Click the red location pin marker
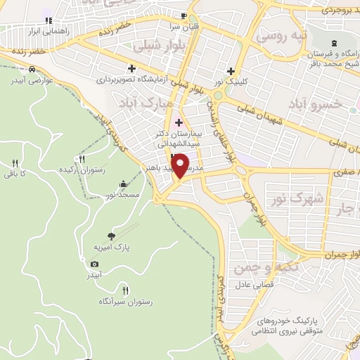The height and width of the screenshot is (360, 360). click(x=180, y=165)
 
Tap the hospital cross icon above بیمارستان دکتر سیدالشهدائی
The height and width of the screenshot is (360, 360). click(x=179, y=122)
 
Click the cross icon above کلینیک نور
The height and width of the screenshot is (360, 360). click(x=231, y=71)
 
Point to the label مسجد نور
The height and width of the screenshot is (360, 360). click(x=124, y=193)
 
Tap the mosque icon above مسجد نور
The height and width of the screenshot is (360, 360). click(x=124, y=184)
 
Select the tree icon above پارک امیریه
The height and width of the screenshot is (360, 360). click(x=110, y=236)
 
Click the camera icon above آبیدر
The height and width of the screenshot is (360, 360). click(x=95, y=264)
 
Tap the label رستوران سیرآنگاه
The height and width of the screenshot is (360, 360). click(x=127, y=302)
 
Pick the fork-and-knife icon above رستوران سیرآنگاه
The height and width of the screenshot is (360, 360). click(x=127, y=290)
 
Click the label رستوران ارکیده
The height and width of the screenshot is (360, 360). click(x=82, y=170)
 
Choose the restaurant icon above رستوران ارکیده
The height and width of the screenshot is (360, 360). click(x=82, y=159)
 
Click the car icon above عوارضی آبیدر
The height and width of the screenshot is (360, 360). click(x=32, y=69)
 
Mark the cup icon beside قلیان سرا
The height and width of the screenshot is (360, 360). click(x=184, y=15)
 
